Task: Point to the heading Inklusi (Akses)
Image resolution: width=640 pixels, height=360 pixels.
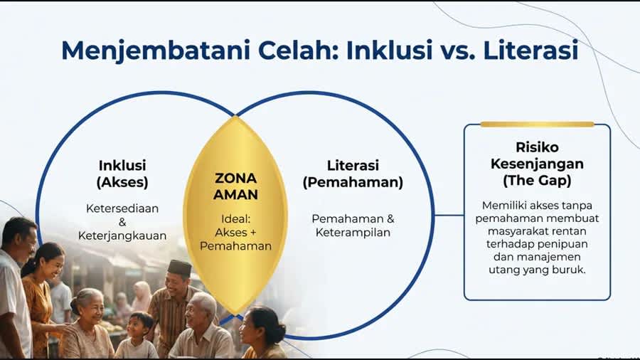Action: coord(122,174)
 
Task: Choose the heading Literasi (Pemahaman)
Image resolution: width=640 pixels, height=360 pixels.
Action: coord(353,174)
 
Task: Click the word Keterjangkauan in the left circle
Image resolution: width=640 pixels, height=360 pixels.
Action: coord(122,235)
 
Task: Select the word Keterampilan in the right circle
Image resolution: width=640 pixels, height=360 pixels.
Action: coord(353,233)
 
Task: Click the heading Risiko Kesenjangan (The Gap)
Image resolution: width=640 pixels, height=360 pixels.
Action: coord(537,164)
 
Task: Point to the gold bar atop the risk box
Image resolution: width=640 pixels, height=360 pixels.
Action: coord(537,124)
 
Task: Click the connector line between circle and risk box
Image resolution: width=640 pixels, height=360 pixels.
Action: coord(449,215)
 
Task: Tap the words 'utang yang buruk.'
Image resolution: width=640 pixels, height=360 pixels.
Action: coord(538,270)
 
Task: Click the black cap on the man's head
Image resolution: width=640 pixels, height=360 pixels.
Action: coord(181,266)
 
